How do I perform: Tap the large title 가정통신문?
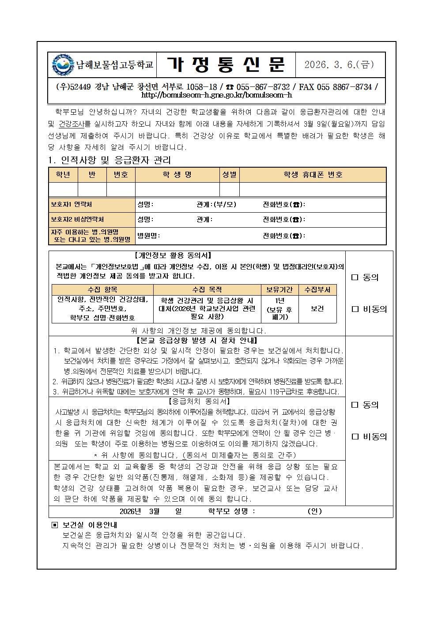226,64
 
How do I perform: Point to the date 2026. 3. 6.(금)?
339,64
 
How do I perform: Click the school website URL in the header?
216,95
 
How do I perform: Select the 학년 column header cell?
63,175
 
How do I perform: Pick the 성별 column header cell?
229,175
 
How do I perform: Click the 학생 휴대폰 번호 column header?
313,175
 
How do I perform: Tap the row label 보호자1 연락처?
71,205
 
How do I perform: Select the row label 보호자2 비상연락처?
77,219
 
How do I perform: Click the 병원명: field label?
149,236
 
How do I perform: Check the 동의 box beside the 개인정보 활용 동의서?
355,278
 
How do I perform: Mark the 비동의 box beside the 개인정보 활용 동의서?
355,309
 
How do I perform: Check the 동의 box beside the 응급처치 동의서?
355,405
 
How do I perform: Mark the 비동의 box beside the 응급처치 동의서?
355,437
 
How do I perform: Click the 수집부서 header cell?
317,290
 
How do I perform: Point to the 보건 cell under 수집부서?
317,309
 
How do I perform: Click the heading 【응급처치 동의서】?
199,401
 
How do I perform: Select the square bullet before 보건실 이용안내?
55,525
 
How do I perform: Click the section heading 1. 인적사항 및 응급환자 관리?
109,160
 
